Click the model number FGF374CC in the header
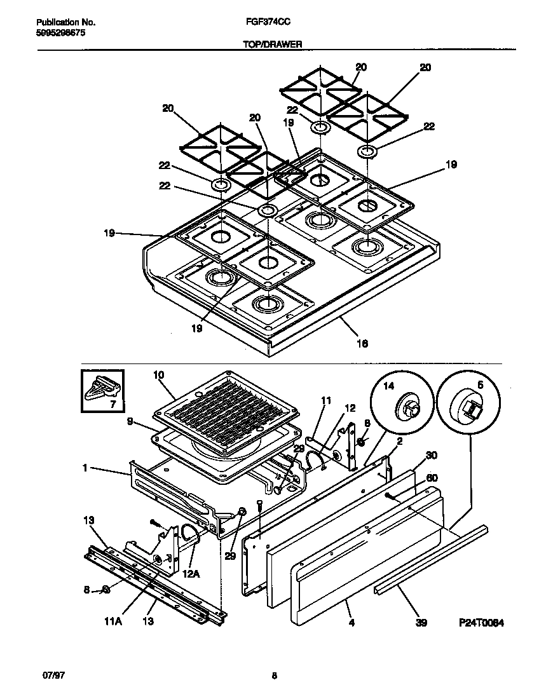[x=264, y=20]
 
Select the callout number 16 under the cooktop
[x=362, y=344]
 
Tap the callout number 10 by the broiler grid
[x=158, y=376]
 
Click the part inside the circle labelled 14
[x=407, y=407]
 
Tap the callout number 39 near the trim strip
[x=421, y=623]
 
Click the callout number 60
[x=432, y=477]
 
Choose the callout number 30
[x=432, y=455]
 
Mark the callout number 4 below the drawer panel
[x=350, y=623]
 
